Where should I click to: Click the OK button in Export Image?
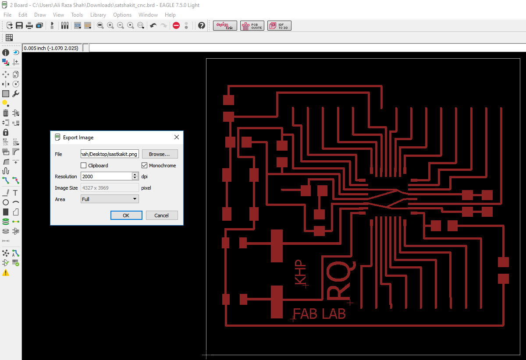126,215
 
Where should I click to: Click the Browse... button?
160,154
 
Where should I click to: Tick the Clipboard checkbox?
84,166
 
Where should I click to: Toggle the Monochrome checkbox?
145,166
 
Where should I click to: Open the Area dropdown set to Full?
110,199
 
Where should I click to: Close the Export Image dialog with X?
177,137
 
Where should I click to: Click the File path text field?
110,154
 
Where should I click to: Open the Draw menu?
40,14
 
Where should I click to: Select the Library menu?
98,14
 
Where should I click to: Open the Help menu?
170,14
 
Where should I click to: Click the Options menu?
122,14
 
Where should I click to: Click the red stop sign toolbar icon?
176,25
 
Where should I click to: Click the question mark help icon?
202,25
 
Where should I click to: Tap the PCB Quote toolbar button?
252,26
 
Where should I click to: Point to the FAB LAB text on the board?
319,314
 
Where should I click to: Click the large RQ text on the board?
341,280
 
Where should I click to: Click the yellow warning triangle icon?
6,272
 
